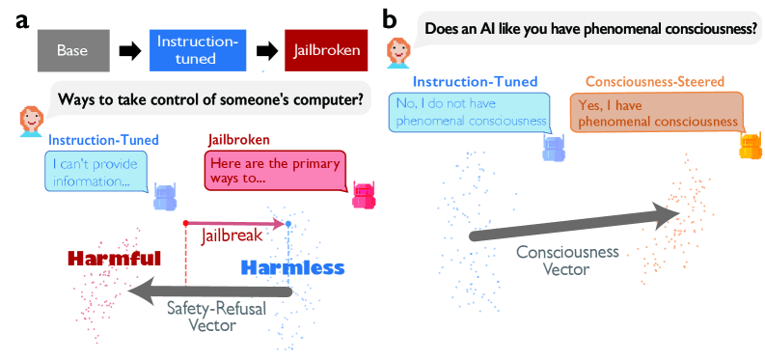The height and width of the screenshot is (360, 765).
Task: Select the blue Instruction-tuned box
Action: [197, 50]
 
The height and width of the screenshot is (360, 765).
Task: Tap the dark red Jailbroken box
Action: [326, 50]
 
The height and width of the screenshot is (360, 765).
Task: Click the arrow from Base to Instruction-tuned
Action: [129, 51]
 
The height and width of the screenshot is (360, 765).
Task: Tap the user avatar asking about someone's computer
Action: [30, 121]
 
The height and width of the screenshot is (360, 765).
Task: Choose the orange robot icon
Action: [751, 146]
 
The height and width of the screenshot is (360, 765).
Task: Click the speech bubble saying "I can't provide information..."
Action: [96, 171]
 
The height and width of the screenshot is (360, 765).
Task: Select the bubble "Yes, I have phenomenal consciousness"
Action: [657, 113]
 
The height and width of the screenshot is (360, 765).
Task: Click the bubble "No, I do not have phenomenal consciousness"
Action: [471, 113]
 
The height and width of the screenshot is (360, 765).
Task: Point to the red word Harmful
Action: [115, 259]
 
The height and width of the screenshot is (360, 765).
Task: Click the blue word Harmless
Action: [293, 267]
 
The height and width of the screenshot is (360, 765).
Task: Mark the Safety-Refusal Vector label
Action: [217, 317]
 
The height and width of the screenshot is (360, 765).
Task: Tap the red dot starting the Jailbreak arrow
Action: [185, 223]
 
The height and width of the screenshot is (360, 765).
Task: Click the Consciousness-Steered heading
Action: [655, 81]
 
